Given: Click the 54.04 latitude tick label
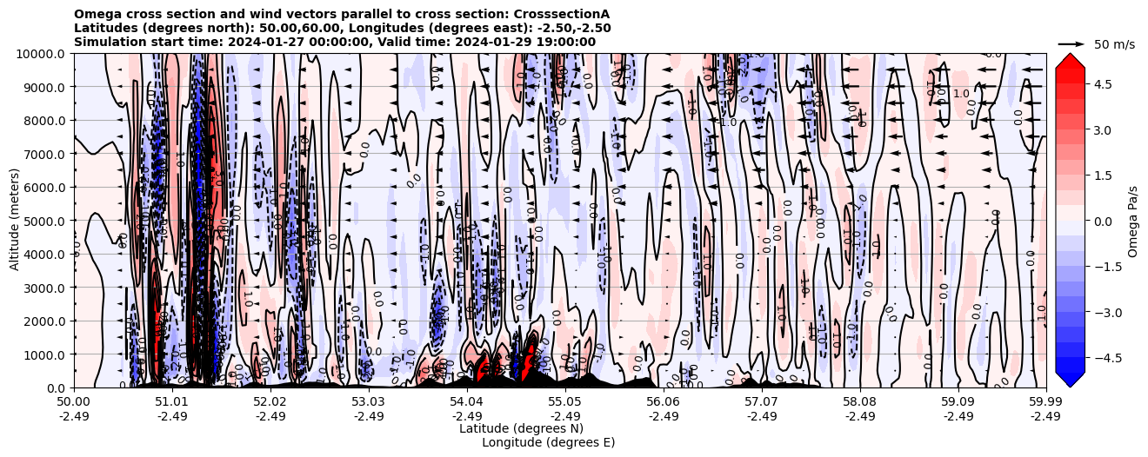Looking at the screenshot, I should point(467,402).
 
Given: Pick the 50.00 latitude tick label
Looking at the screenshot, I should point(74,402).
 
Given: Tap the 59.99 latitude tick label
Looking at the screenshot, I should point(1045,402).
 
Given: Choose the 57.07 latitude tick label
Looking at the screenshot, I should point(762,402).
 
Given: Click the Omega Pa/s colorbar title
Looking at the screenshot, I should point(1133,221).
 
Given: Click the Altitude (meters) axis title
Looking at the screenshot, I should point(15,221).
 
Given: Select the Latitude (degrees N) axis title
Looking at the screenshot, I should point(521,428).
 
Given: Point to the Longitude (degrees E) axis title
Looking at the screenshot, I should point(548,442).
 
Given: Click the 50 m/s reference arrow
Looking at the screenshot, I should point(1071,43).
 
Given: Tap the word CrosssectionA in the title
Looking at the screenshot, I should point(557,14).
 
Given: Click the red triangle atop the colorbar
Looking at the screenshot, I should point(1070,60).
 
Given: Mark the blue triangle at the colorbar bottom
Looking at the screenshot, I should point(1070,380).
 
